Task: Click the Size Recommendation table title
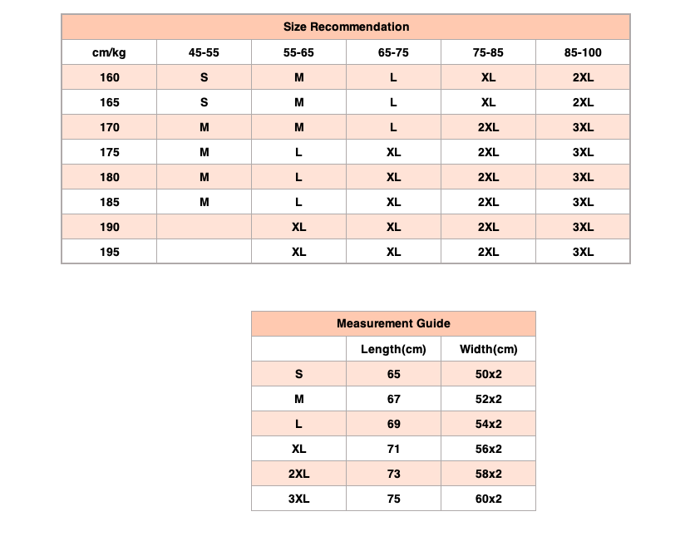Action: coord(346,27)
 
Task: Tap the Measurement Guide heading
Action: coord(393,323)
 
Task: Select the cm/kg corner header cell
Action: coord(109,52)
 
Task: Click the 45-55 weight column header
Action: coord(204,52)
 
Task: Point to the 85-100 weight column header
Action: coord(583,52)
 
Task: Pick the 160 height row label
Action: coord(109,77)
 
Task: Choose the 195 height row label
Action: coord(109,252)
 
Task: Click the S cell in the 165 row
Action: coord(204,102)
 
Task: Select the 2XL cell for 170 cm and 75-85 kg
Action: coord(488,127)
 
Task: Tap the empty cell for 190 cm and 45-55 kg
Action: coord(204,227)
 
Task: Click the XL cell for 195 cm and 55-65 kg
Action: coord(298,252)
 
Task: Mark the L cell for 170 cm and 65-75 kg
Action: coord(393,127)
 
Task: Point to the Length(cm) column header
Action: coord(393,349)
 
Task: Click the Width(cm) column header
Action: coord(488,349)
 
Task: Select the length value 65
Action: coord(393,374)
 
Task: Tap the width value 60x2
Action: coord(488,499)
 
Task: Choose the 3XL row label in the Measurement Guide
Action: coord(298,499)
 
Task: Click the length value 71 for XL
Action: coord(393,449)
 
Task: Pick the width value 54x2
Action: coord(488,424)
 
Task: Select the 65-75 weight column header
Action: coord(393,52)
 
